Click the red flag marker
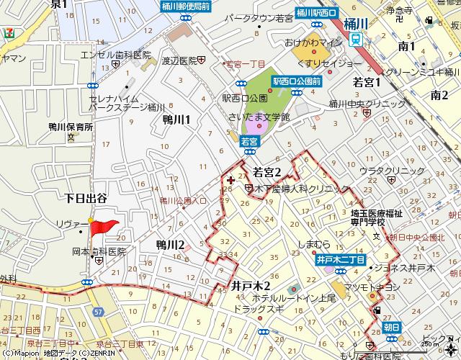click(x=104, y=228)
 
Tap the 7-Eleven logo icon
click(x=9, y=32)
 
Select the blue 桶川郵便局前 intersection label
click(x=186, y=6)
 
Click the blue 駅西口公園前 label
click(x=296, y=81)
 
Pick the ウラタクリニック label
click(x=393, y=171)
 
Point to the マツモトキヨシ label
click(x=374, y=287)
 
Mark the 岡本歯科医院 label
click(x=99, y=252)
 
